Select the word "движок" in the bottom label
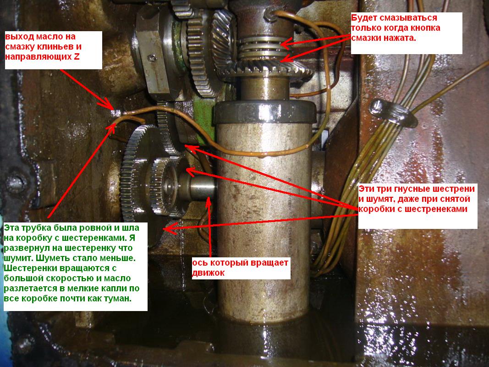click(209, 273)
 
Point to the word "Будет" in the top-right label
click(363, 18)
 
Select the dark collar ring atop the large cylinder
click(264, 111)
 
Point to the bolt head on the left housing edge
click(16, 183)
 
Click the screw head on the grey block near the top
click(152, 58)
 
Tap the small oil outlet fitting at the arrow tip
click(117, 113)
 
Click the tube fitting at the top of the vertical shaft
click(270, 14)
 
